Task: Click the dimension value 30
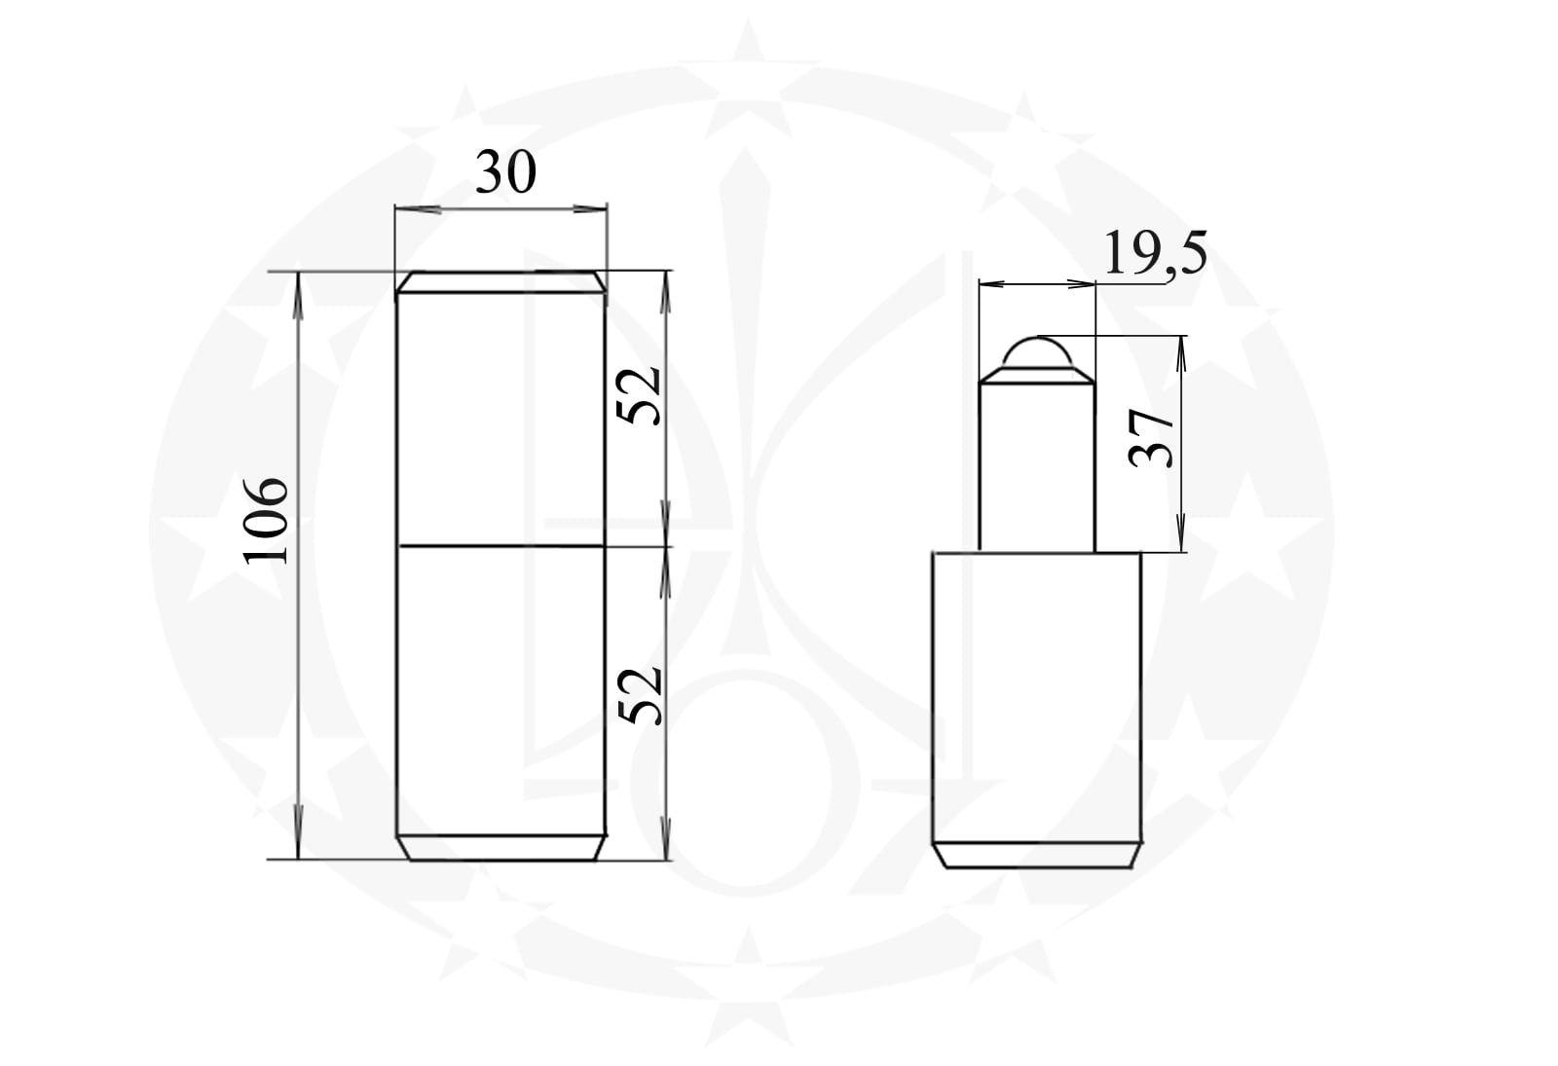coord(505,173)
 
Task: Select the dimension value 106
coord(266,521)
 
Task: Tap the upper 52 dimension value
coord(639,395)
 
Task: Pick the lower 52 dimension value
coord(640,696)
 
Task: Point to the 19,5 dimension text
coord(1155,254)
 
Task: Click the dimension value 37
coord(1151,437)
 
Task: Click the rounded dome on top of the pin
coord(1037,353)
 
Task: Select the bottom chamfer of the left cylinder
coord(501,848)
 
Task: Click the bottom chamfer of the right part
coord(1036,856)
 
